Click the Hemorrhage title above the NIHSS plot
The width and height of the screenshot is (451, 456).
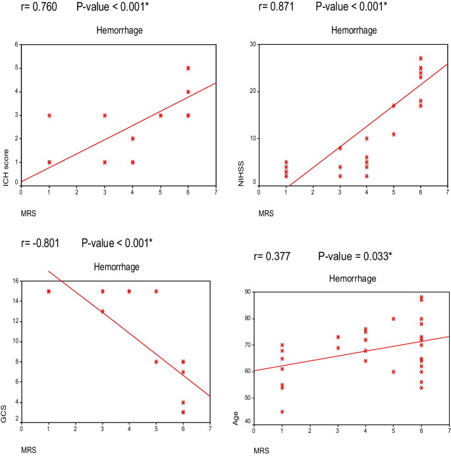355,30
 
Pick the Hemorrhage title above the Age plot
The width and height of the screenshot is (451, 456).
352,279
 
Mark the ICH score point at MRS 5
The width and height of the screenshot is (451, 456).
161,115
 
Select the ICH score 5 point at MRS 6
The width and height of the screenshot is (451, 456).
188,68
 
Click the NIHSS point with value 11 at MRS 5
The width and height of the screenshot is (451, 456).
394,134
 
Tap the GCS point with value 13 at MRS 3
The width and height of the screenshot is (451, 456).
103,312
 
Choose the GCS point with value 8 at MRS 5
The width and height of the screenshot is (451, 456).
156,362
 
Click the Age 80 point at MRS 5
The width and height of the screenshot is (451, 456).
394,319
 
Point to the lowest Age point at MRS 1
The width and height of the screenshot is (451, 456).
282,412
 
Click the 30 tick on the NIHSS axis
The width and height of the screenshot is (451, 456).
252,44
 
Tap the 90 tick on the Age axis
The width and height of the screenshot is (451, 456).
247,292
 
